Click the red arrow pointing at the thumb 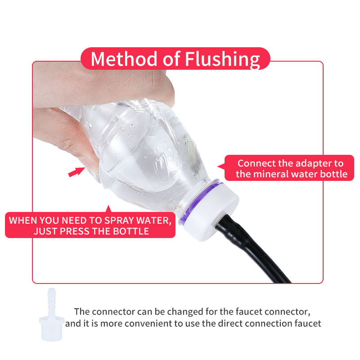[x=76, y=172]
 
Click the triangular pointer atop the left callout [x=107, y=208]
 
